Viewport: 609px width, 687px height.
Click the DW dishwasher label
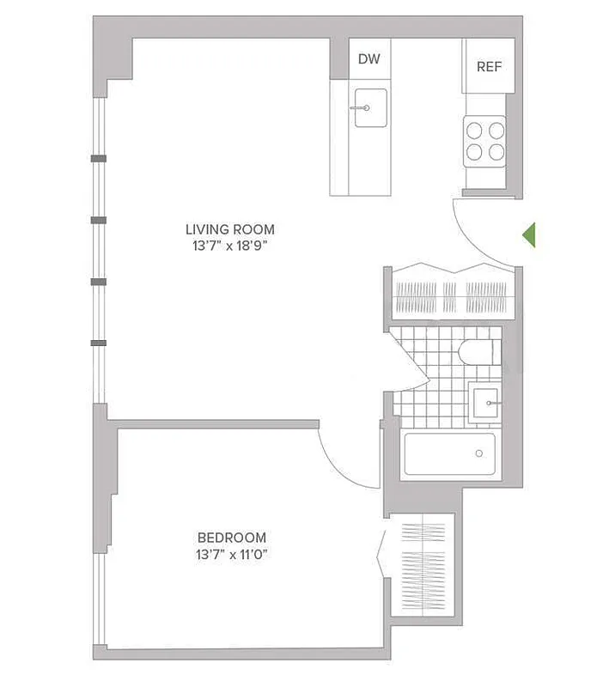coord(368,59)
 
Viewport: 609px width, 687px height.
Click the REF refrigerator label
coord(489,67)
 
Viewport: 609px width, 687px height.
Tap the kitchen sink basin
coord(370,108)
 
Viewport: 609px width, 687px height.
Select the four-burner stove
coord(484,142)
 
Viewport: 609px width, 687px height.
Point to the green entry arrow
coord(529,234)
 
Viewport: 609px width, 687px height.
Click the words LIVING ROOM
coord(230,229)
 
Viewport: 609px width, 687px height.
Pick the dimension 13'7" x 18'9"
coord(230,246)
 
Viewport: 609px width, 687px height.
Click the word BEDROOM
coord(230,538)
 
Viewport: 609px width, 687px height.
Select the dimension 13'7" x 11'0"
coord(230,555)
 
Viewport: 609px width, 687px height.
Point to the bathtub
coord(449,453)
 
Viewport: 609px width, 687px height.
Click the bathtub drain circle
coord(478,453)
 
